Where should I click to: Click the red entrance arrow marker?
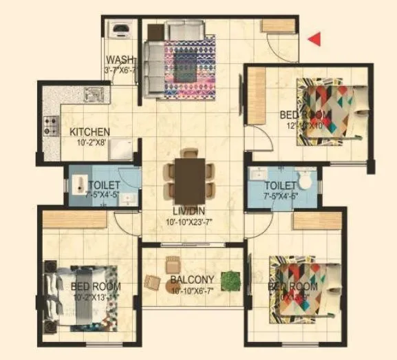tap(314, 40)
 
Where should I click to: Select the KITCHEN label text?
tap(89, 131)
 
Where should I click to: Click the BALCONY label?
tap(192, 279)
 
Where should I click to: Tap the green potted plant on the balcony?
tap(231, 280)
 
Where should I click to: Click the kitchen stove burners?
tap(52, 125)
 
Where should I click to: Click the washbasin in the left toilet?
tap(78, 184)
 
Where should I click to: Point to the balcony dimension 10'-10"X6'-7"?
tap(193, 290)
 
